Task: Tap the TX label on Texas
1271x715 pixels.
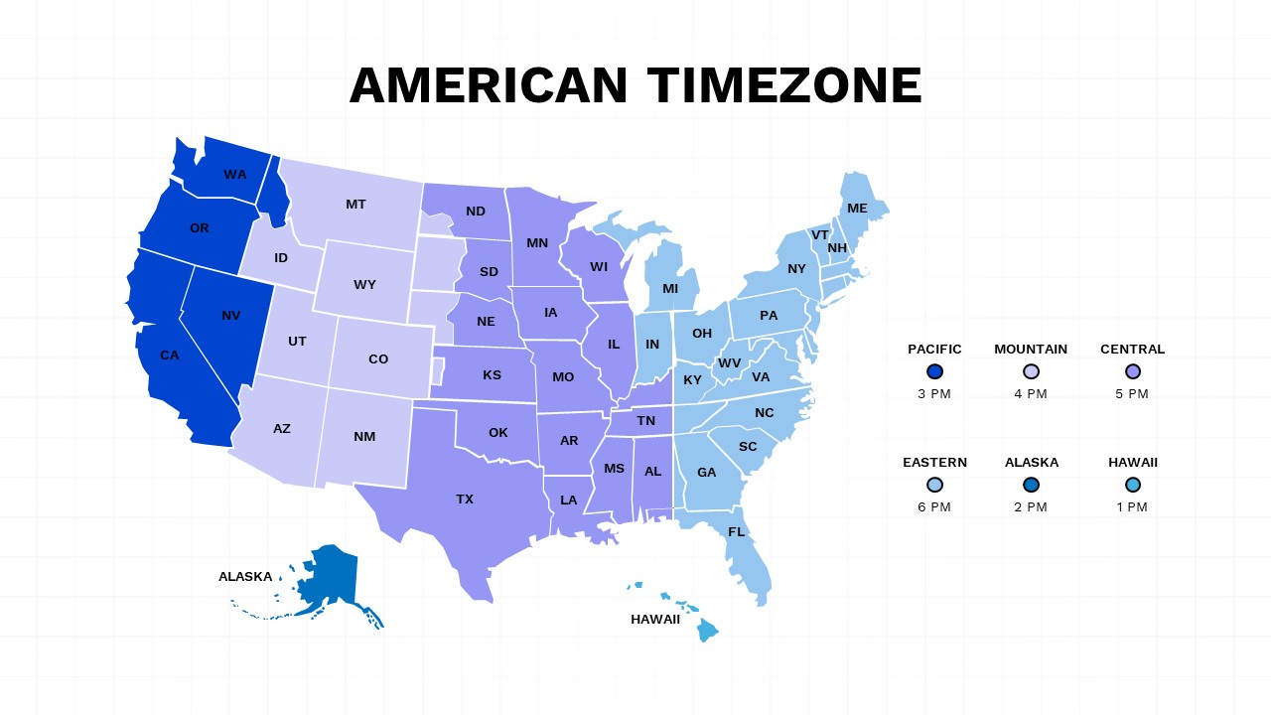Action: pos(465,500)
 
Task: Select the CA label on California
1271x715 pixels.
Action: pos(170,356)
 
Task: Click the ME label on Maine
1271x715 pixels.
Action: pos(857,209)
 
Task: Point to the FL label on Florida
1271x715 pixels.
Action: pos(736,532)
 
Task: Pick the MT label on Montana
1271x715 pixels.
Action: pos(355,205)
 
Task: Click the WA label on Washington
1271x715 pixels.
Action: pos(235,175)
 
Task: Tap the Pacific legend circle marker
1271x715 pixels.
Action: pos(934,371)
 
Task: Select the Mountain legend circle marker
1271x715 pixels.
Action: pos(1031,371)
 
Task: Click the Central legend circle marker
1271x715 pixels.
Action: pos(1132,371)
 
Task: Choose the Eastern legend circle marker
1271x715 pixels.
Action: pos(934,485)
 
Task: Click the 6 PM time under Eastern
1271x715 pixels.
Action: pos(934,507)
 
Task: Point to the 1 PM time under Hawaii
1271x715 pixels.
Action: pos(1132,507)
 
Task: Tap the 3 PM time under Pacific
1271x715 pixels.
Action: pos(934,394)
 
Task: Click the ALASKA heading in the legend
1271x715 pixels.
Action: pos(1031,463)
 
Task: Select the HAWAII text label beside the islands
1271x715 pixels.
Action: pos(655,620)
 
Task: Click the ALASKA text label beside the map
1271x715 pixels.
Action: pos(245,577)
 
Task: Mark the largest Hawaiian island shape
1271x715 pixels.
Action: pos(707,631)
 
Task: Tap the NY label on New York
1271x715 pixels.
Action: pos(796,269)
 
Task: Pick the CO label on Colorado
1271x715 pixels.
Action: pos(378,359)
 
